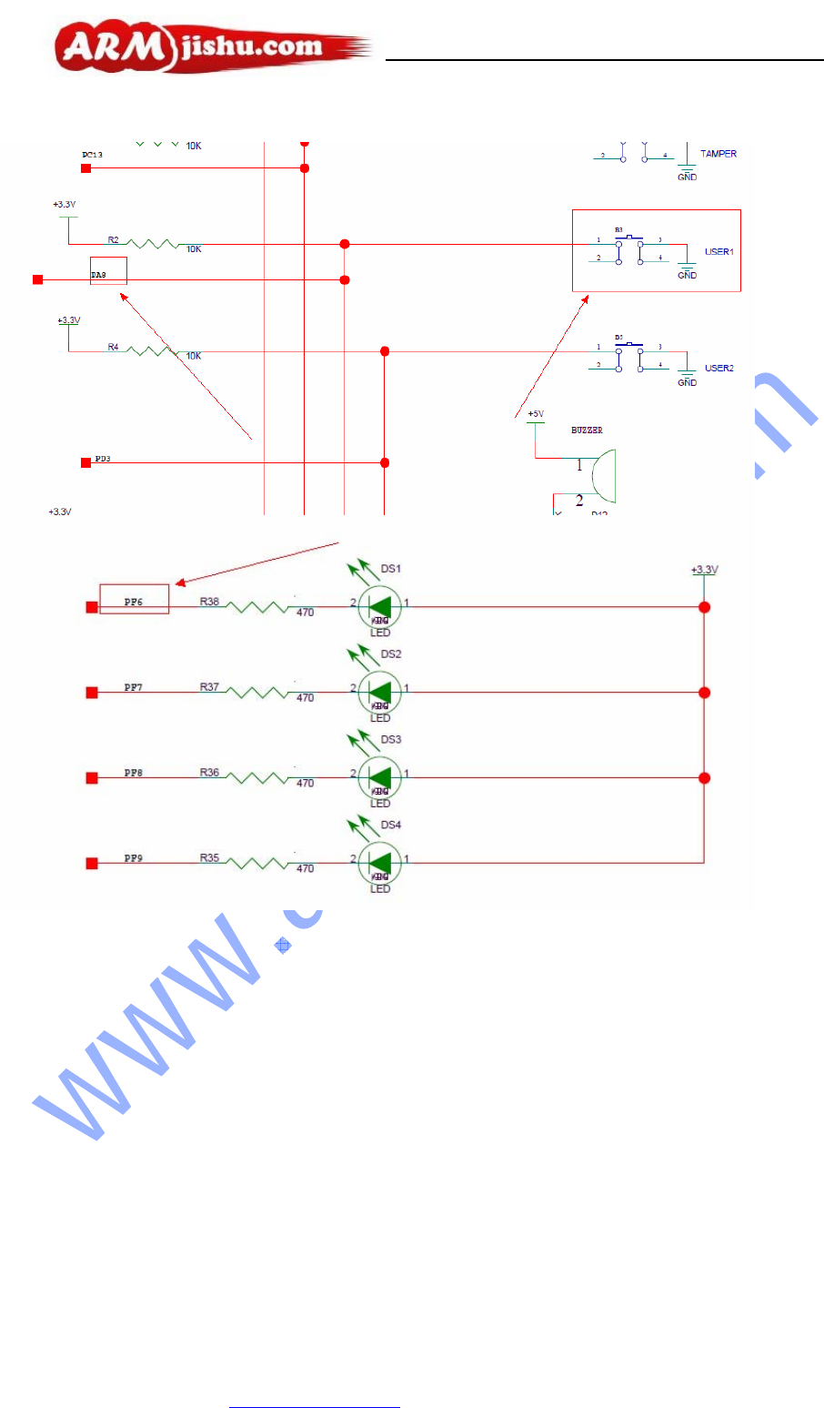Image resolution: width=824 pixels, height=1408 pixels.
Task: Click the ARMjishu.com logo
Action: pos(213,46)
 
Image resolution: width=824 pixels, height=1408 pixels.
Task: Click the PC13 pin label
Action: pos(93,155)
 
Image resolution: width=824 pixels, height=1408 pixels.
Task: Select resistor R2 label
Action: pos(113,239)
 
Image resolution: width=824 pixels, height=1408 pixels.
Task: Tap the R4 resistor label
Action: pos(113,347)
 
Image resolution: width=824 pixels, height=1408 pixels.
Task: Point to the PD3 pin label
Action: pos(103,459)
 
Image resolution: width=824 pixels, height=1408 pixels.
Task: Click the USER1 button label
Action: pos(718,251)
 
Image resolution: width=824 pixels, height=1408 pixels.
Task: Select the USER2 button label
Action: pos(718,368)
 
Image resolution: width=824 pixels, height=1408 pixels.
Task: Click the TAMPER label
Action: pos(718,154)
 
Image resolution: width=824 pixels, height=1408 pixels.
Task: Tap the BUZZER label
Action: pos(587,430)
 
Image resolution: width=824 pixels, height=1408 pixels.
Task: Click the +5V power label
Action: pos(536,414)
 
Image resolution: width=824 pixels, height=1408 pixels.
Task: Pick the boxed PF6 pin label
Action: pos(134,601)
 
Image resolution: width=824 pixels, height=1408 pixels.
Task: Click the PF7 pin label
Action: pos(134,687)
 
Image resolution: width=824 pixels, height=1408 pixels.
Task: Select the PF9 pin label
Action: pos(134,858)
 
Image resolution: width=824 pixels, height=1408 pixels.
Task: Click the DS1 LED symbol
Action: pos(380,607)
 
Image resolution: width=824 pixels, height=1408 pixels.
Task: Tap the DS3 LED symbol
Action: pos(380,778)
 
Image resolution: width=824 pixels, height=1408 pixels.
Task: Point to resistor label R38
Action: pos(209,602)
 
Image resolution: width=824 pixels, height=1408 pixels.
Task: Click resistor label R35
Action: pos(209,857)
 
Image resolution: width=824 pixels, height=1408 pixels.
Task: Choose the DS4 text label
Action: pos(391,825)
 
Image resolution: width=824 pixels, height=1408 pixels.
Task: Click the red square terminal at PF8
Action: pos(92,778)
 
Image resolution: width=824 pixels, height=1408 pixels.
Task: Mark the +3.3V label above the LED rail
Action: pos(704,570)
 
